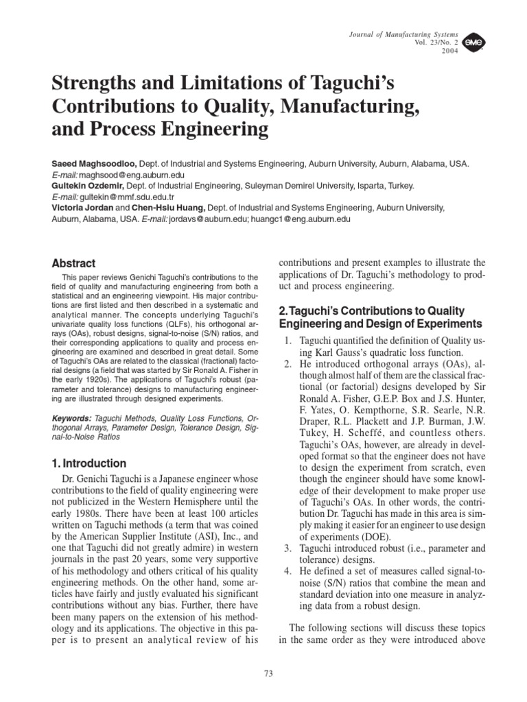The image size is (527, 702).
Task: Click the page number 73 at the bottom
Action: [268, 674]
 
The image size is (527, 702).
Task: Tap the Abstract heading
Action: [74, 263]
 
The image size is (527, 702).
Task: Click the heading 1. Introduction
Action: [89, 463]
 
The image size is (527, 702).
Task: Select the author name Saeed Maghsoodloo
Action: [95, 165]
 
